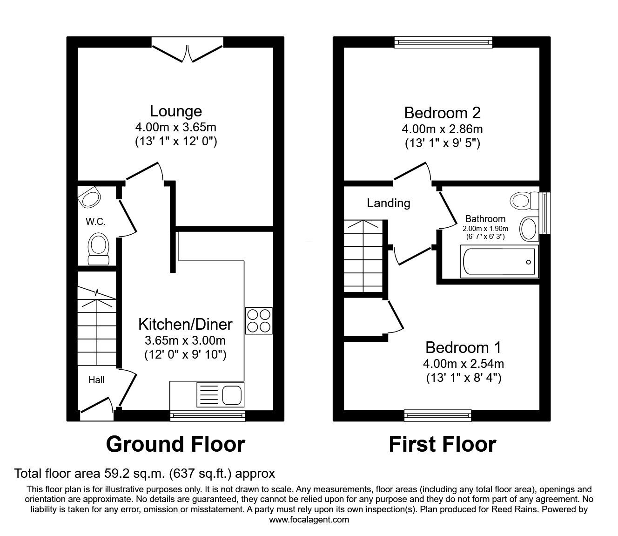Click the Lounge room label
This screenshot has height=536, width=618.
[175, 111]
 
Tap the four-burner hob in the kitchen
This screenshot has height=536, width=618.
[258, 320]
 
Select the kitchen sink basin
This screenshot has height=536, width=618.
[231, 395]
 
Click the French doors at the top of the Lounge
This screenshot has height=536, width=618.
[188, 53]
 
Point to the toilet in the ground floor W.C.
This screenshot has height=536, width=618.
[98, 248]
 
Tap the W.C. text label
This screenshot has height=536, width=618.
[95, 222]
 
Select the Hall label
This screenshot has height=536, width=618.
[96, 380]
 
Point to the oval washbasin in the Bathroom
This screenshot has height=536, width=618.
[528, 229]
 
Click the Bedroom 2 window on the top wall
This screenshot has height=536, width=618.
[443, 43]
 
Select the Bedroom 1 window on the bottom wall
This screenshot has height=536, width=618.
[437, 415]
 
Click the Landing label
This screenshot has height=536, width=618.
[389, 203]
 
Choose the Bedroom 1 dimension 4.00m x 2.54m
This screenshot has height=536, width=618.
[463, 363]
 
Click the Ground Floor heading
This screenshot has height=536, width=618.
[175, 444]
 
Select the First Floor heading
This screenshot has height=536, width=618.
[442, 444]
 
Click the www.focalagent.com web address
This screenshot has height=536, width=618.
[309, 520]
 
